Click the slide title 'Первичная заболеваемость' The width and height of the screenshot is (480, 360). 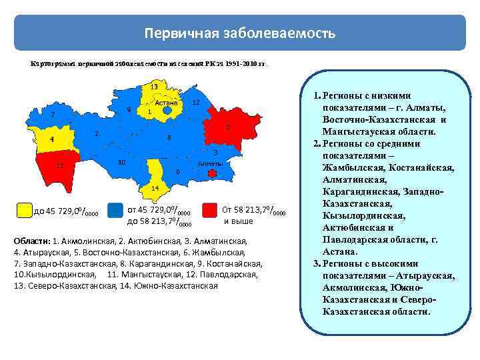(x=240, y=33)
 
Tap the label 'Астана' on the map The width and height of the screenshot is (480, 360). (x=166, y=103)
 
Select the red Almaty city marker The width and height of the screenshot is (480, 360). (x=213, y=173)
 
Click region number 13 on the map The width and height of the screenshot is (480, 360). (x=153, y=87)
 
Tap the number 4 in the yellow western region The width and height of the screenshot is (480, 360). (x=52, y=140)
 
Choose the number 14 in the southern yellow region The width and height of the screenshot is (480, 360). (x=154, y=188)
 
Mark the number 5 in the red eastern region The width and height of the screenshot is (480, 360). (x=227, y=127)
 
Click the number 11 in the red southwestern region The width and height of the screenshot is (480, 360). (x=59, y=165)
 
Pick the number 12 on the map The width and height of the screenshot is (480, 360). (x=195, y=103)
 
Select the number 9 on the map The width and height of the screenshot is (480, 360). (x=128, y=109)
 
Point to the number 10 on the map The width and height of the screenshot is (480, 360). (x=122, y=163)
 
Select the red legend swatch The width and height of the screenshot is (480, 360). (x=211, y=211)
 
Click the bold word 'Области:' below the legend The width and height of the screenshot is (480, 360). (x=31, y=241)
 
